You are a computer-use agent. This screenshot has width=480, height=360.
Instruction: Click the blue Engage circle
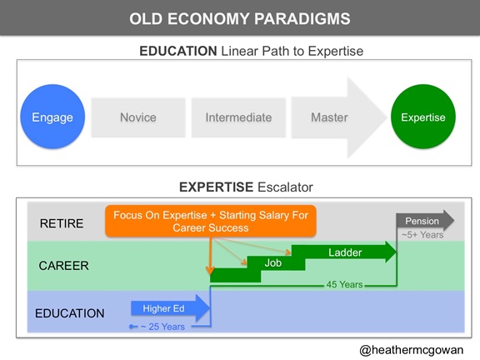pyautogui.click(x=52, y=117)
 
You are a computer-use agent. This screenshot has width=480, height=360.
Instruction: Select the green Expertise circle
pyautogui.click(x=423, y=117)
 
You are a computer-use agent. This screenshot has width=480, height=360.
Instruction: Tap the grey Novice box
pyautogui.click(x=138, y=117)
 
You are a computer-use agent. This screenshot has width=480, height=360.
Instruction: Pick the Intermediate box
pyautogui.click(x=239, y=117)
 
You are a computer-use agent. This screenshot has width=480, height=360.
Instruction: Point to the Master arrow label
pyautogui.click(x=329, y=117)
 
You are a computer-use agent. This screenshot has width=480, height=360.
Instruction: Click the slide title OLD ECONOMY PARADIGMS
pyautogui.click(x=240, y=18)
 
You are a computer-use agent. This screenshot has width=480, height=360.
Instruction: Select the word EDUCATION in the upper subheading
pyautogui.click(x=178, y=51)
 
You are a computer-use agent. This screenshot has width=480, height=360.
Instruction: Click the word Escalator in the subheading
pyautogui.click(x=285, y=187)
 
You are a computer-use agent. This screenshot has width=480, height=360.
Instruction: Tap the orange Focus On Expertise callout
pyautogui.click(x=211, y=221)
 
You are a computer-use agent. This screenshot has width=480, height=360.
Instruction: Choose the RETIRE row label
pyautogui.click(x=62, y=223)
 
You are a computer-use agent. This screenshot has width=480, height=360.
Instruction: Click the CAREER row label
pyautogui.click(x=63, y=265)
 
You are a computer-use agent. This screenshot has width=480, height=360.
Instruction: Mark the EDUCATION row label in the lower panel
pyautogui.click(x=70, y=313)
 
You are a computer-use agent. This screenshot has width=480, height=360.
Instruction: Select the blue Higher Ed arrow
pyautogui.click(x=171, y=308)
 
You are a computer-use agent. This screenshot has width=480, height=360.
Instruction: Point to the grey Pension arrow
pyautogui.click(x=425, y=220)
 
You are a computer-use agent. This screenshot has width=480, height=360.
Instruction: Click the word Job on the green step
pyautogui.click(x=273, y=262)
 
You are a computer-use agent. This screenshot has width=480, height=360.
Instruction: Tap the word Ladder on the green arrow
pyautogui.click(x=345, y=252)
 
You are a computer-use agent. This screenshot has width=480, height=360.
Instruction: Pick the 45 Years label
pyautogui.click(x=344, y=284)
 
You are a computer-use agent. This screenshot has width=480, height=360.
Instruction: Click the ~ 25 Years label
pyautogui.click(x=162, y=327)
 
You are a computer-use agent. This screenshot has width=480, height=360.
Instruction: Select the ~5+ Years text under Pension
pyautogui.click(x=422, y=235)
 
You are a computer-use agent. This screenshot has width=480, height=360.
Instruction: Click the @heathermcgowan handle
pyautogui.click(x=412, y=350)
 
